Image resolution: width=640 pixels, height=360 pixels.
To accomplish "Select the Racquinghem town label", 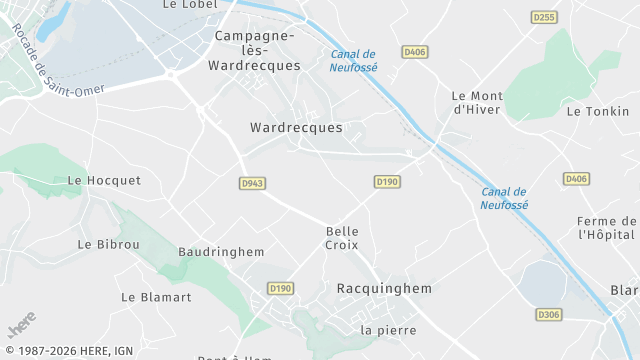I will pyautogui.click(x=384, y=288).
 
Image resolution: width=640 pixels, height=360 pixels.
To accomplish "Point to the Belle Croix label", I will pyautogui.click(x=342, y=238).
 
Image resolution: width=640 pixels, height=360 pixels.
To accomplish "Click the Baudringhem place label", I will pyautogui.click(x=220, y=252).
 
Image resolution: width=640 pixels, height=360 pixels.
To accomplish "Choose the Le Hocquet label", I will pyautogui.click(x=104, y=181).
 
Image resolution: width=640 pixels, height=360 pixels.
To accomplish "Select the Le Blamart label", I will pyautogui.click(x=155, y=297).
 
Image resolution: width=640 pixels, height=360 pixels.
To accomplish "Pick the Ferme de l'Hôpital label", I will pyautogui.click(x=608, y=227).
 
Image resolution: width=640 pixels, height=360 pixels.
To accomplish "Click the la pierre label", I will pyautogui.click(x=387, y=330).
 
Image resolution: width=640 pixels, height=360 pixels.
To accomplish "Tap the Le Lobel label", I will pyautogui.click(x=190, y=5).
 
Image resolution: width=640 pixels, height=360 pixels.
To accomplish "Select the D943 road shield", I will pyautogui.click(x=252, y=183).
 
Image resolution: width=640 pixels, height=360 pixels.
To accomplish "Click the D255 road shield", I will pyautogui.click(x=544, y=17).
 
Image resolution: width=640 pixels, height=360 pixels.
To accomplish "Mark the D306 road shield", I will pyautogui.click(x=547, y=314).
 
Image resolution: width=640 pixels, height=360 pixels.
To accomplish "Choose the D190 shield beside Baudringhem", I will pyautogui.click(x=280, y=288).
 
